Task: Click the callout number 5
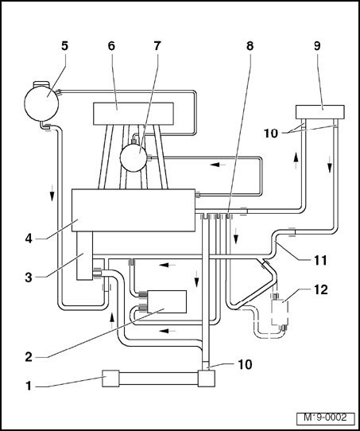pos(64,46)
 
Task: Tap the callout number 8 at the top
pos(250,46)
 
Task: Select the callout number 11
pos(320,260)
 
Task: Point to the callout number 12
pos(321,289)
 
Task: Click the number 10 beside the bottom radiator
pos(245,364)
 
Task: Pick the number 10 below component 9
pos(271,134)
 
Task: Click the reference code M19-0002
pos(325,417)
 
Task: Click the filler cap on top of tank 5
pos(41,83)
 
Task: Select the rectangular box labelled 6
pos(134,114)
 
